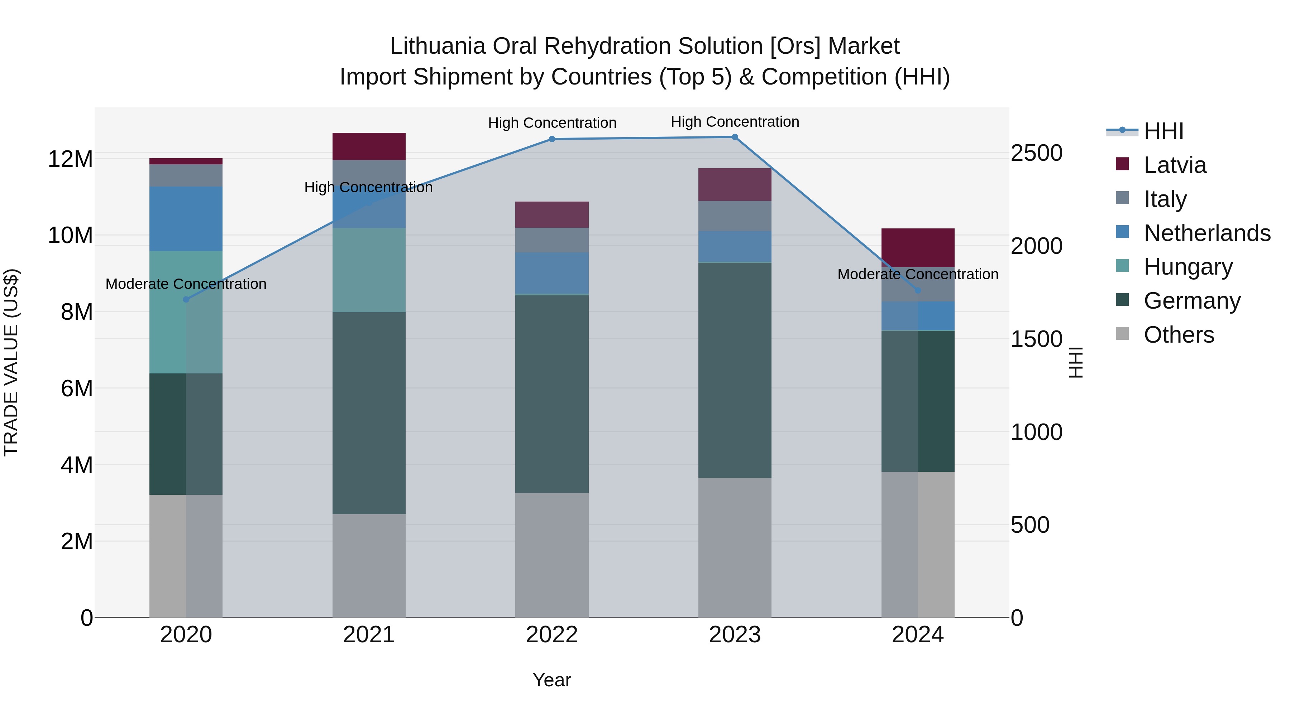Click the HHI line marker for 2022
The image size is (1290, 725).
click(552, 139)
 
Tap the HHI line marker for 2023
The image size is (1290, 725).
click(735, 137)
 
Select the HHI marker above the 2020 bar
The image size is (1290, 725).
click(186, 300)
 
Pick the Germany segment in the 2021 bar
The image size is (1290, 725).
click(369, 413)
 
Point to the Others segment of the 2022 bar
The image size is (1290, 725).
click(552, 555)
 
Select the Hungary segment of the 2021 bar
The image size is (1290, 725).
click(369, 270)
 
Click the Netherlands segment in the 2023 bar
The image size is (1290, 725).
click(735, 246)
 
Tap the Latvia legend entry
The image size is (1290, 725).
click(1175, 165)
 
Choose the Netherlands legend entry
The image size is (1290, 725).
click(1207, 233)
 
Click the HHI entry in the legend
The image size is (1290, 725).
click(1163, 131)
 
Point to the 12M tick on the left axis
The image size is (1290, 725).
click(70, 159)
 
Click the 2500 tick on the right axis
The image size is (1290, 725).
click(1036, 153)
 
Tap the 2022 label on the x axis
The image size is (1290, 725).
click(552, 635)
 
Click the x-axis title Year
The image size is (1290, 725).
click(552, 680)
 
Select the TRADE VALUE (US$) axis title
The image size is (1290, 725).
click(11, 362)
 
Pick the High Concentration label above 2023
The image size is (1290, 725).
click(735, 122)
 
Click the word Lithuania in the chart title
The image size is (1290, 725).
click(438, 46)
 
